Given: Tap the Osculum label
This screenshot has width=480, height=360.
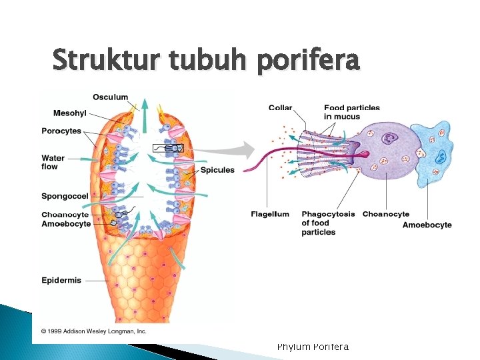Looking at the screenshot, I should [x=110, y=98].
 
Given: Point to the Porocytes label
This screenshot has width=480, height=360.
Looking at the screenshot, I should [x=61, y=131].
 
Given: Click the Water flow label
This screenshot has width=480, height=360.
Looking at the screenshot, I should [x=53, y=163].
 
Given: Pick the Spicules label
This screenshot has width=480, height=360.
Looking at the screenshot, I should [x=217, y=170].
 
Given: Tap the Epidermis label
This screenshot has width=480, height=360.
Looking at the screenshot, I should [x=61, y=281].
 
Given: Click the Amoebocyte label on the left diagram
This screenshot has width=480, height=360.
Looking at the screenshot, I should [x=66, y=224].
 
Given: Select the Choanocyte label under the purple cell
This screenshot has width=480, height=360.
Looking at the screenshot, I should [x=385, y=215].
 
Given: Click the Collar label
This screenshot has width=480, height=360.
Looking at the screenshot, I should [x=280, y=108].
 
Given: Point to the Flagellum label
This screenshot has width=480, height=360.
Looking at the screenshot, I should [x=270, y=215].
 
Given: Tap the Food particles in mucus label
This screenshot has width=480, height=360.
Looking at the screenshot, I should [x=351, y=112].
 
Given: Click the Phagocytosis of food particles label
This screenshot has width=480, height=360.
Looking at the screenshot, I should [x=327, y=223].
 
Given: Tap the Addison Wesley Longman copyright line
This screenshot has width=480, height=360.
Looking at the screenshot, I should [x=95, y=331].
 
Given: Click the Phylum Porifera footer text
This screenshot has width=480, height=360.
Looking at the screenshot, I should [x=313, y=346].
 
